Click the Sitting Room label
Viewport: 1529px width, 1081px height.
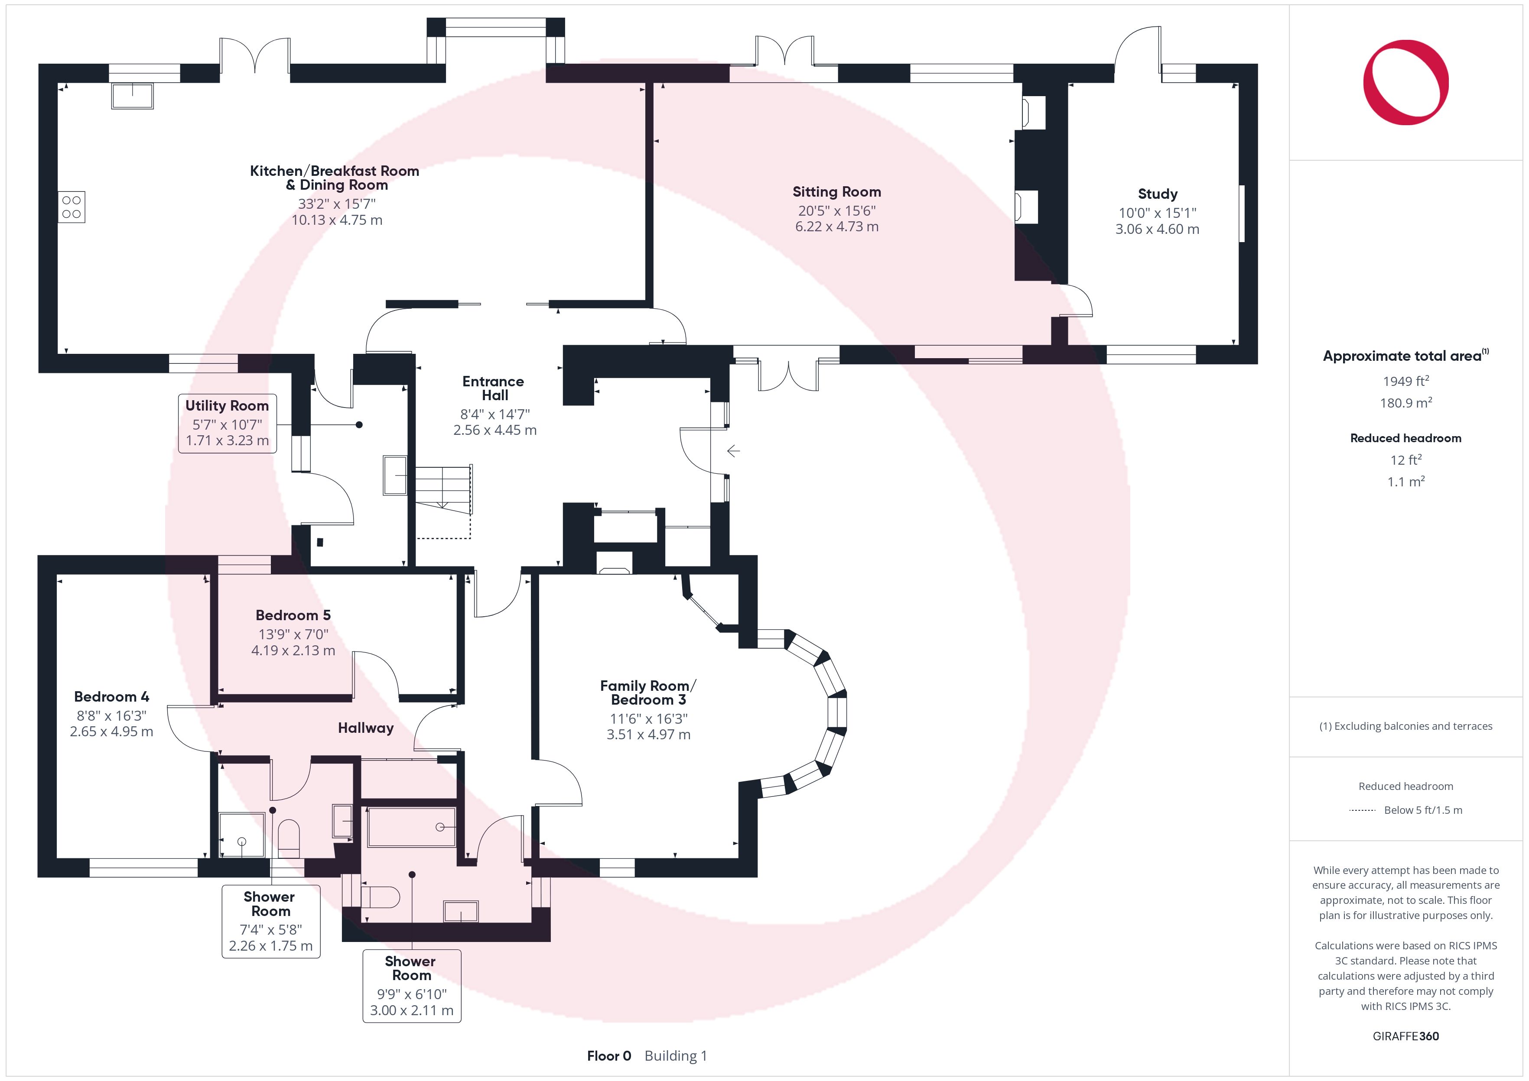click(836, 192)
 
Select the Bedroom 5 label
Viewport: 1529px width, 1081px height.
click(293, 615)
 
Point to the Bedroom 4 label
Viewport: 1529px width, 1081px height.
click(111, 697)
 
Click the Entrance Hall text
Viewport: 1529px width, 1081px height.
click(494, 388)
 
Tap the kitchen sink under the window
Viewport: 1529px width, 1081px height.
click(133, 95)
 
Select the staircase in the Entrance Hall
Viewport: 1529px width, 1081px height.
click(443, 489)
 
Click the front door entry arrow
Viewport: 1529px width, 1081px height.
click(733, 451)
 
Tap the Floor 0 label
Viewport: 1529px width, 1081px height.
click(608, 1056)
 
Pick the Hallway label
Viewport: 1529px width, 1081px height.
click(366, 728)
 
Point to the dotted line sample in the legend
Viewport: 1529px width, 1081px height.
click(1362, 810)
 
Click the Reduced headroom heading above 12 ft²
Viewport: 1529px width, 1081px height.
click(1406, 438)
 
